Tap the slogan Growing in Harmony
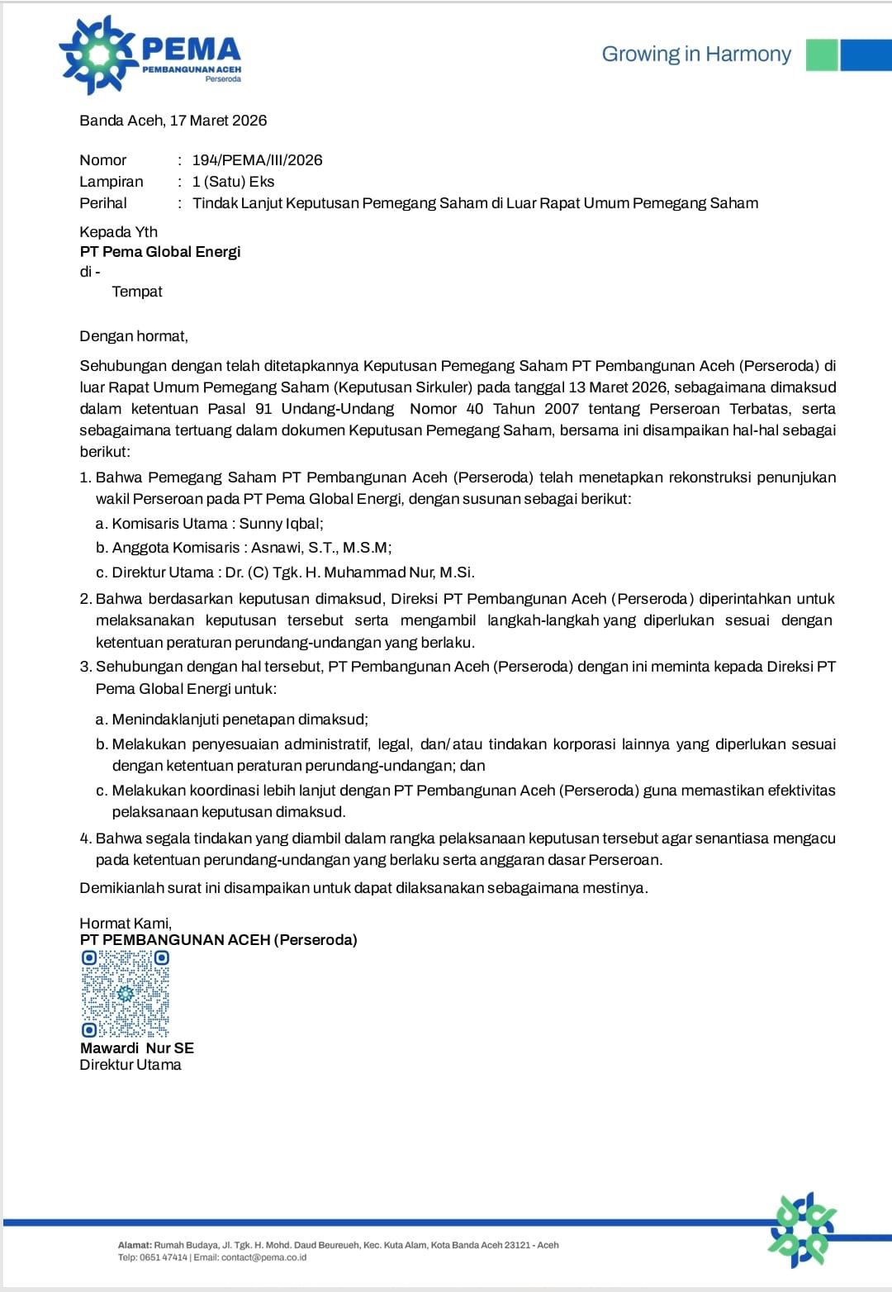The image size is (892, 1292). click(x=695, y=55)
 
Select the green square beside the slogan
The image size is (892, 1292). click(x=821, y=55)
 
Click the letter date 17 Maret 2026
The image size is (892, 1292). click(x=218, y=121)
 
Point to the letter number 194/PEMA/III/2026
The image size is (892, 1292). click(x=257, y=160)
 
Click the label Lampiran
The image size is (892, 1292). click(x=111, y=182)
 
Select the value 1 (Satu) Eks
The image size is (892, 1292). click(x=233, y=182)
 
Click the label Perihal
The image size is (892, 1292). click(x=103, y=203)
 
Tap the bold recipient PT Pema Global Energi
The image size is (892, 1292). click(x=160, y=252)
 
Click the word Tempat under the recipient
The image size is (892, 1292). click(x=137, y=292)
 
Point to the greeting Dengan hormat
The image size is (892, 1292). click(x=134, y=336)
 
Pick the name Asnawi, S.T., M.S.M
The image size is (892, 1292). click(x=321, y=548)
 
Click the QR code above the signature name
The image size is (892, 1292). click(x=126, y=993)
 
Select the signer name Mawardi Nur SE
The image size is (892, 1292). click(x=137, y=1048)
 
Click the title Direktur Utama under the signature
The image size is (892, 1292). click(x=130, y=1066)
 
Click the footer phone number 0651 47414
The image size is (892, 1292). click(x=164, y=1257)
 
